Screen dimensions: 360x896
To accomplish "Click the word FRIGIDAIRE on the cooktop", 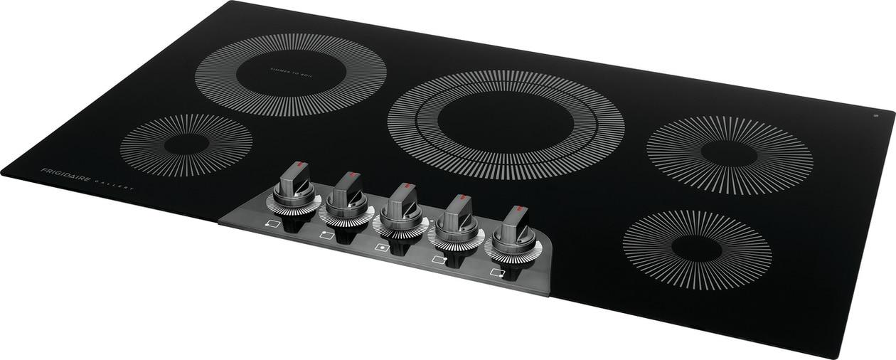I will (x=65, y=175).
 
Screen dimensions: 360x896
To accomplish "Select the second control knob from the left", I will (x=347, y=194).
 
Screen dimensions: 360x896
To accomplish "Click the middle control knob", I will (x=400, y=204).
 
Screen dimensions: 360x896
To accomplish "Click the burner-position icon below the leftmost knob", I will (x=272, y=223).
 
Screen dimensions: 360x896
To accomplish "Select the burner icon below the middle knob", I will (x=382, y=247).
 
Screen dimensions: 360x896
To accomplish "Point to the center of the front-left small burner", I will (x=186, y=144).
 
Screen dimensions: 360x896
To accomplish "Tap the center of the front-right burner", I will (x=697, y=248).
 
